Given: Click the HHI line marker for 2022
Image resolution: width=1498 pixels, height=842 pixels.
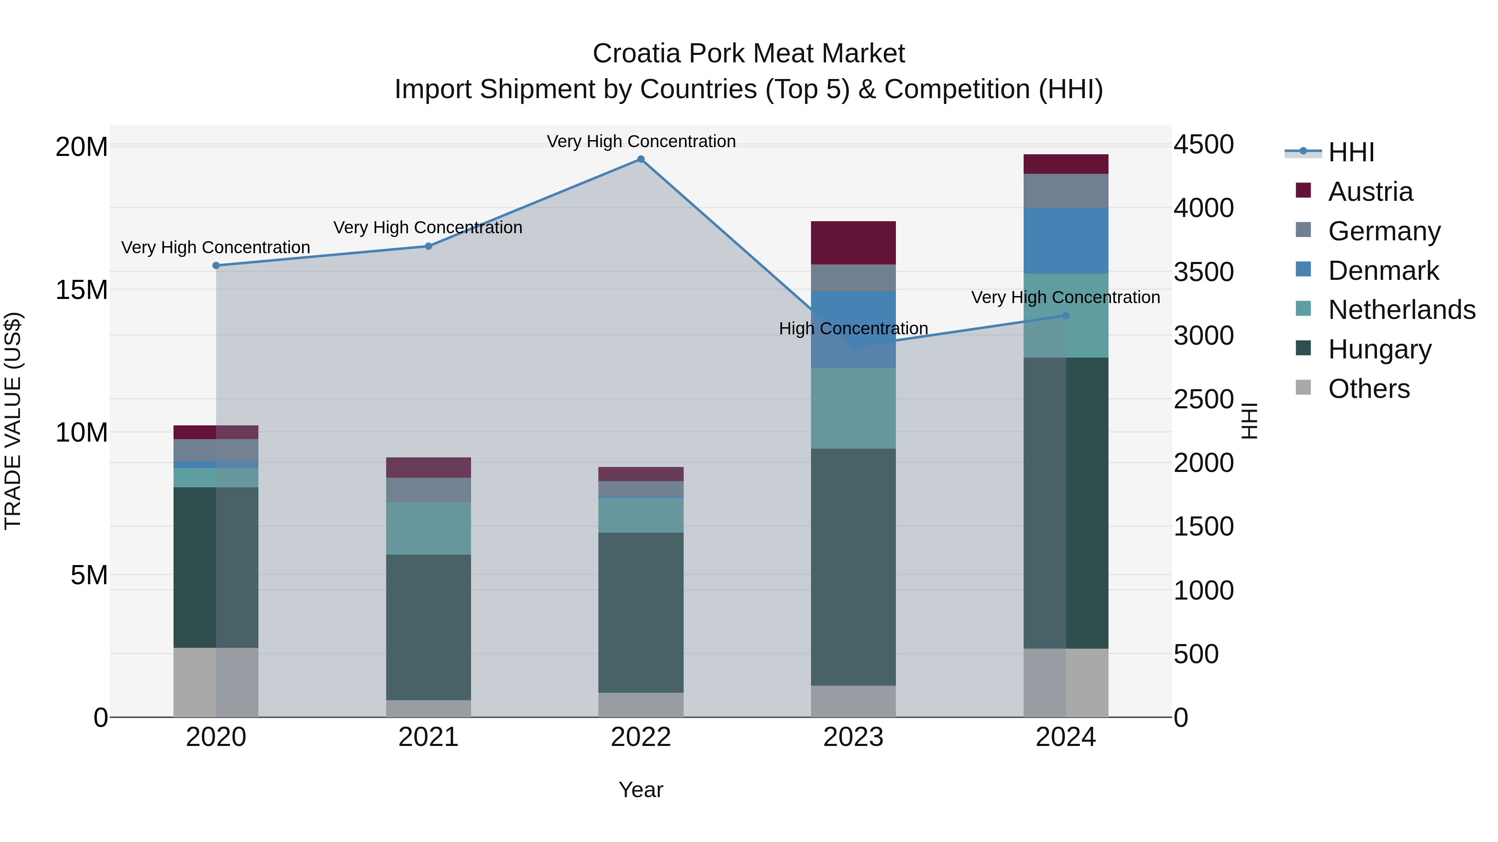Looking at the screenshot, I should [641, 159].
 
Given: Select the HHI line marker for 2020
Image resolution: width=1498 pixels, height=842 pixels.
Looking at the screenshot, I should [216, 266].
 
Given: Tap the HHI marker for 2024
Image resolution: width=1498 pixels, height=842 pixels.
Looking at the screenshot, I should [1065, 316].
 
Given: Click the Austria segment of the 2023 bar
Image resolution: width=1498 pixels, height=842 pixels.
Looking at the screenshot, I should [853, 243].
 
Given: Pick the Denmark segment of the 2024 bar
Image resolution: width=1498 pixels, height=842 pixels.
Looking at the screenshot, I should [1065, 241].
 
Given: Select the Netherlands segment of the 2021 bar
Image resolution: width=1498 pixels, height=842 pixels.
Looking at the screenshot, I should [429, 528].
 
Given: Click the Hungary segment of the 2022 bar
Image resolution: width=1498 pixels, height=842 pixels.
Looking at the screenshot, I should [641, 612].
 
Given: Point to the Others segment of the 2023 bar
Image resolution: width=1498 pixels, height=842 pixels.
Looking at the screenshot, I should [853, 701].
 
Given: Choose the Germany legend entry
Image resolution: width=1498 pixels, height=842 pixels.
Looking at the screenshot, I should [1384, 231].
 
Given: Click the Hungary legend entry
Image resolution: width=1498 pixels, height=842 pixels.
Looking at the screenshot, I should [1379, 349].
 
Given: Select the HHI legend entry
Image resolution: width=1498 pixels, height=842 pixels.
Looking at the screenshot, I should [1350, 152].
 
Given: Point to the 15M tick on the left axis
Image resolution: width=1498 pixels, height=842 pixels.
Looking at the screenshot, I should [82, 289].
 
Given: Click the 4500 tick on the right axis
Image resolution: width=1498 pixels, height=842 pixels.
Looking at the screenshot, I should [1203, 144].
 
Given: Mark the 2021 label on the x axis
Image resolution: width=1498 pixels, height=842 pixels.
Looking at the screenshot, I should [429, 737].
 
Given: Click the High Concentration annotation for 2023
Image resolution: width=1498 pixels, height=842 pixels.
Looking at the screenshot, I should [853, 328].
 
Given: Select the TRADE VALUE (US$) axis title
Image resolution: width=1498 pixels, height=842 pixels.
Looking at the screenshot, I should [13, 421].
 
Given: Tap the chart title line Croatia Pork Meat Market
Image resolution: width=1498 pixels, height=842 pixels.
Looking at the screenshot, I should [749, 54].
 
